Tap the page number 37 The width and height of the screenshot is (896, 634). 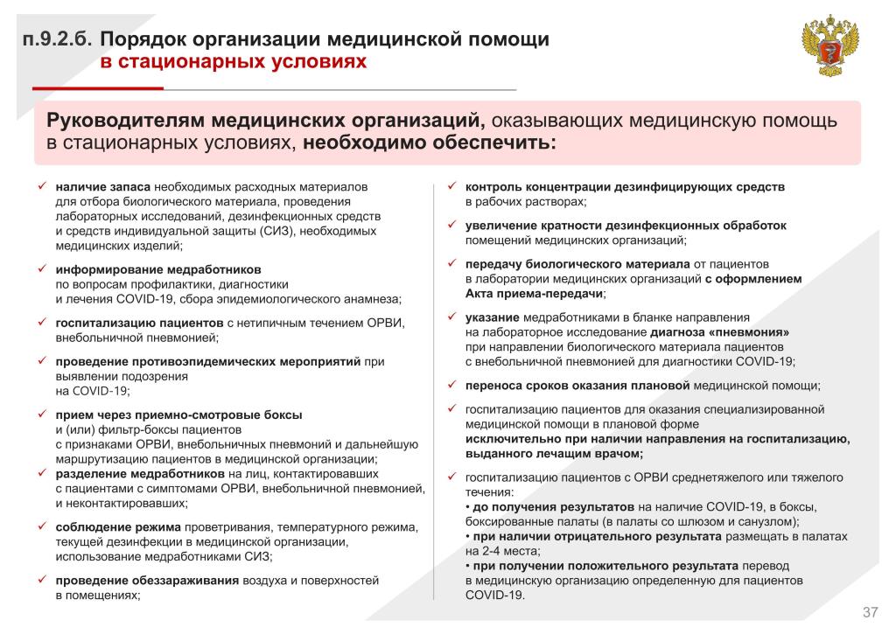870,610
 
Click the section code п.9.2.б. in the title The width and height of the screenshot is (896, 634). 58,40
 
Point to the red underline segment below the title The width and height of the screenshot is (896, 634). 98,88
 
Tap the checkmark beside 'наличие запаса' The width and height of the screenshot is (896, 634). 40,186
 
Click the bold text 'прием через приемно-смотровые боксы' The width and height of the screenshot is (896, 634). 178,415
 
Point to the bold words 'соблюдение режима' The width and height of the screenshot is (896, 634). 118,526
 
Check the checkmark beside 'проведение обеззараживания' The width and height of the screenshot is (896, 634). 40,580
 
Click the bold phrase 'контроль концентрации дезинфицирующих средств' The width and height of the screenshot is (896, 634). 625,186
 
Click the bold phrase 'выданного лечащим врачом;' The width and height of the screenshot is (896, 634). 554,453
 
